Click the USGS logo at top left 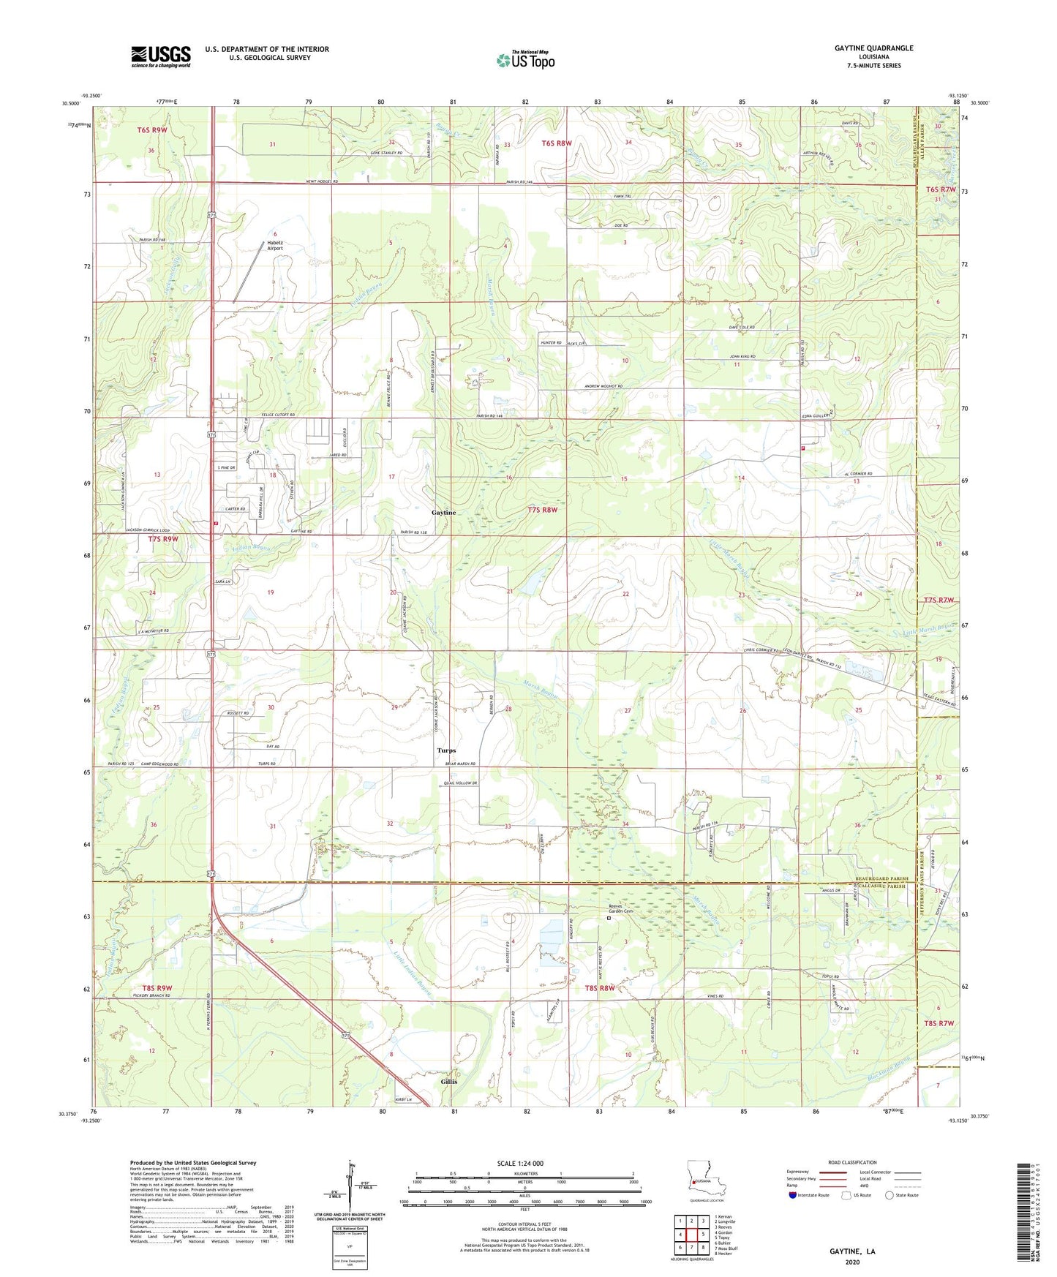coord(160,56)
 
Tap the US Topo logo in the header coord(524,60)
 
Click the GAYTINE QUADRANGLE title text coord(873,48)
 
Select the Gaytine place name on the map coord(443,513)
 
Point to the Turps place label coord(445,750)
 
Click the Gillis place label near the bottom coord(448,1081)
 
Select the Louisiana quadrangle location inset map coord(706,1179)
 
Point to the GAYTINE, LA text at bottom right coord(851,1251)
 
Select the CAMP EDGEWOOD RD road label coord(155,764)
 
